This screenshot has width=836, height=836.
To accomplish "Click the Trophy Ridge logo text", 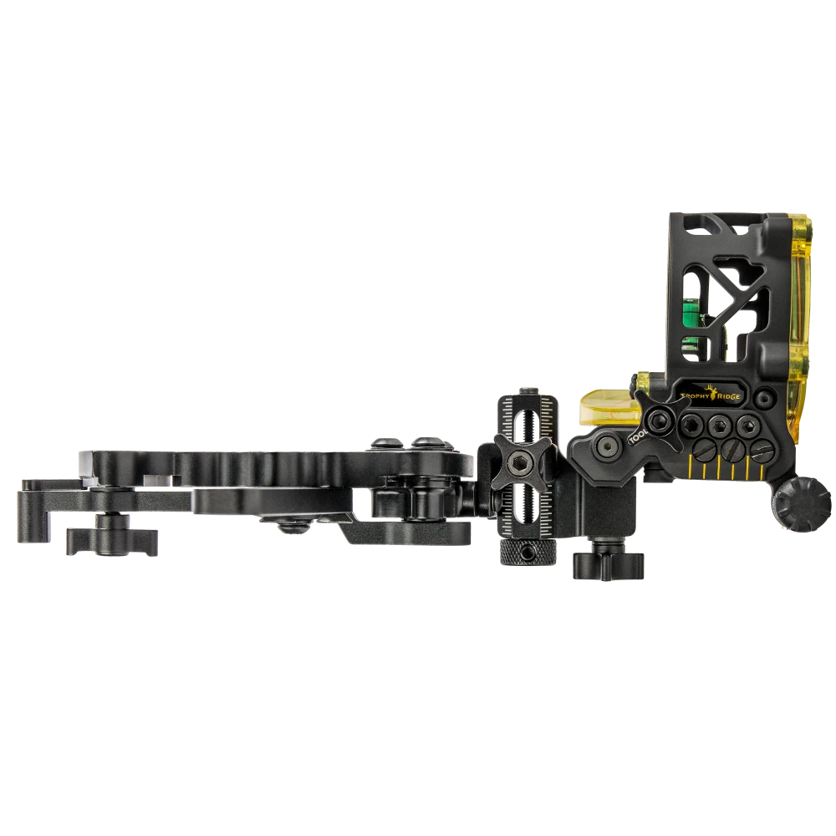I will (x=706, y=399).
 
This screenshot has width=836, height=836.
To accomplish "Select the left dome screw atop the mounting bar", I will (x=387, y=443).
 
